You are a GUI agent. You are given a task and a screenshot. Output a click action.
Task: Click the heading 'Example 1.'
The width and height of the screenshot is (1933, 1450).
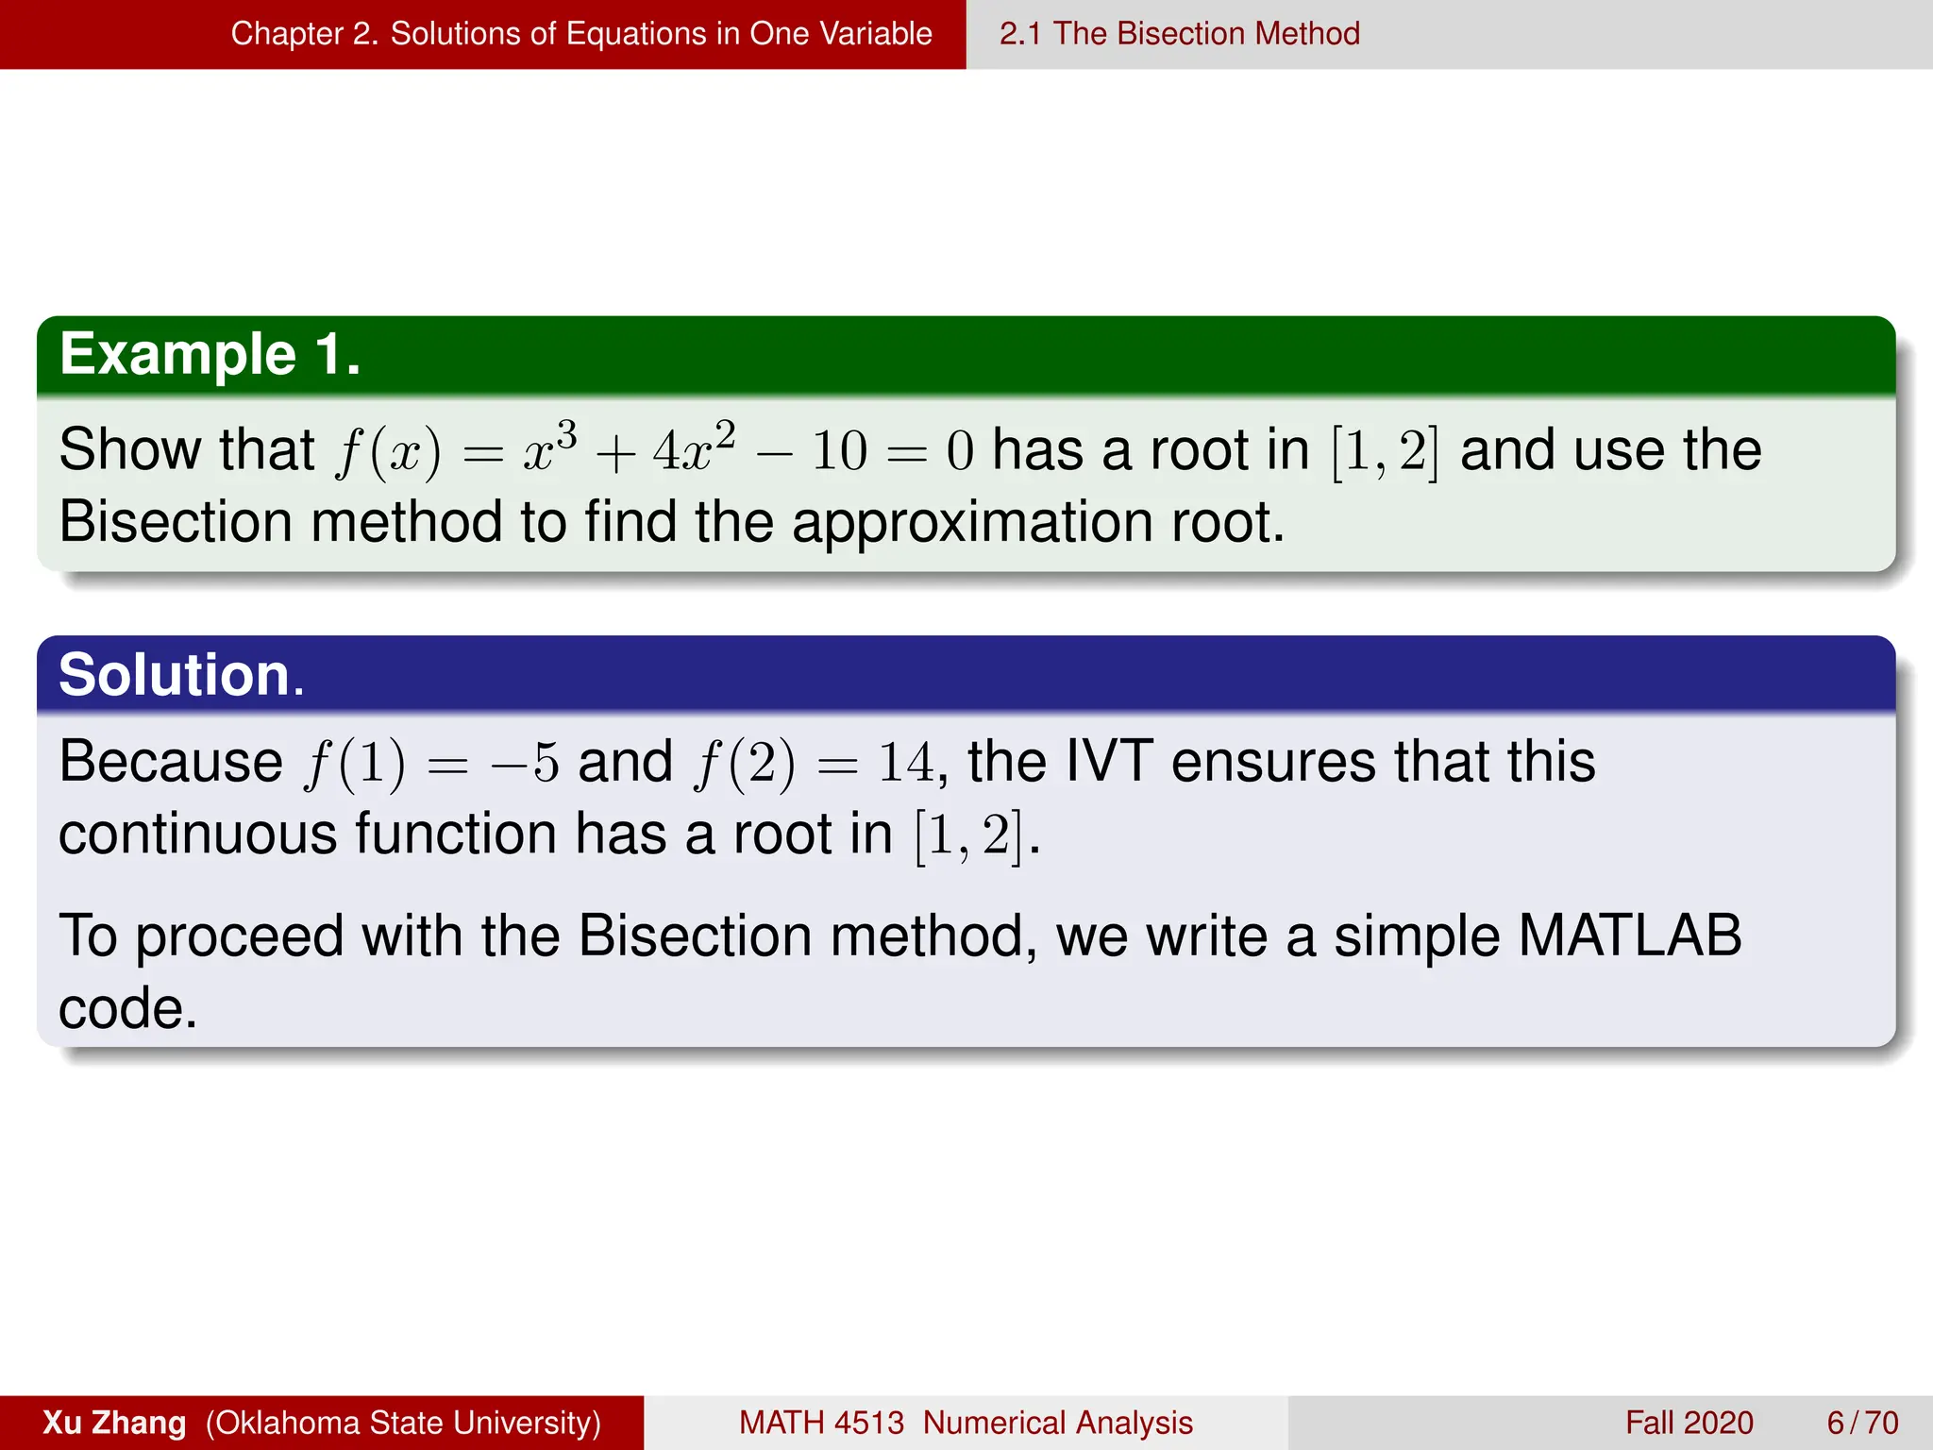point(210,355)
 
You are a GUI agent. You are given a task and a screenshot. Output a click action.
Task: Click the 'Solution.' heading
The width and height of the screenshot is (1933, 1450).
point(181,675)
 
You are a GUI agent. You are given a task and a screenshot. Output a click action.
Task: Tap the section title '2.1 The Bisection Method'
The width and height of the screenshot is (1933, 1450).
point(1179,34)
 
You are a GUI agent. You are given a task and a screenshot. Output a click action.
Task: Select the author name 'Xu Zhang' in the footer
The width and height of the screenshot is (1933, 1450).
point(114,1422)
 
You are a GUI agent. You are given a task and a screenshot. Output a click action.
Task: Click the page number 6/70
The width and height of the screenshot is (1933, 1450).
point(1862,1422)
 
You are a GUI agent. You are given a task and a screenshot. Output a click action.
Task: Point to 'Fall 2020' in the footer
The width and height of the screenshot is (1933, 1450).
point(1689,1422)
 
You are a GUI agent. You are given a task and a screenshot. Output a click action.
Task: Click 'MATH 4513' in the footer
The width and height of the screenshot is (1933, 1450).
point(821,1422)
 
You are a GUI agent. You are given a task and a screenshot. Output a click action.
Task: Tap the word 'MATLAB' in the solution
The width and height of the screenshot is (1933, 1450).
point(1629,936)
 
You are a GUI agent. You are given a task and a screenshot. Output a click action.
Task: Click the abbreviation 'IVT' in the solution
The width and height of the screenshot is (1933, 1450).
point(1108,761)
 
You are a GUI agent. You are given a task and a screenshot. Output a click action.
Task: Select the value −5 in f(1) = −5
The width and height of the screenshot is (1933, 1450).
point(525,763)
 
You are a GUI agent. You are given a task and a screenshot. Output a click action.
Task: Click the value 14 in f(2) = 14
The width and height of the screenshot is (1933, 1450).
point(907,763)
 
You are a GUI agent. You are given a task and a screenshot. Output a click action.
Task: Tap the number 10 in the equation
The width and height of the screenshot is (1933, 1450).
point(838,450)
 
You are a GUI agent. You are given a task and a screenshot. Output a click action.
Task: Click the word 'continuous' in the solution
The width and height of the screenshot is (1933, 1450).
point(197,835)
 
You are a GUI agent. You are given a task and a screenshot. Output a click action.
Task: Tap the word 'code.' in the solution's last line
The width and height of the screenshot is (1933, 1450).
point(127,1008)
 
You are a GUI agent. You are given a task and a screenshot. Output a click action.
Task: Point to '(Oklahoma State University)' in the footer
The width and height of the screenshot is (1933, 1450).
point(403,1422)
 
